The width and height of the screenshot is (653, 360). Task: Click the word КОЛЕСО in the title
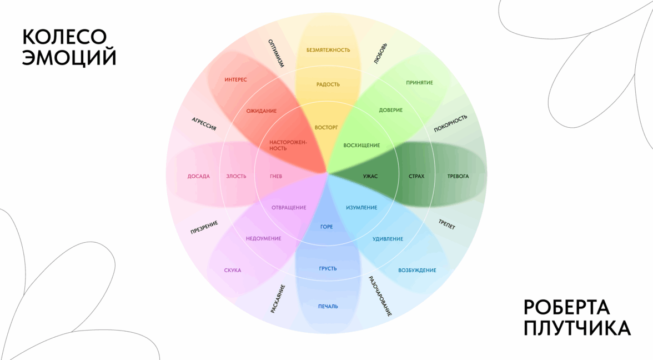pos(64,37)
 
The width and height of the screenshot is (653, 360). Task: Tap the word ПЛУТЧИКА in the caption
pos(577,328)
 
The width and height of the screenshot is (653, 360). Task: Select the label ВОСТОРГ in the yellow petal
pos(326,127)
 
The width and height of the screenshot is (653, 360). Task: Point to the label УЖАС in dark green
pos(370,177)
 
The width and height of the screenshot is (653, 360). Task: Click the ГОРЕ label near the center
pos(326,227)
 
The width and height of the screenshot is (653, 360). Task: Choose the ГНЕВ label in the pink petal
pos(276,177)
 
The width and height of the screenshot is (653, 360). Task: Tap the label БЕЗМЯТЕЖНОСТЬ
pos(328,50)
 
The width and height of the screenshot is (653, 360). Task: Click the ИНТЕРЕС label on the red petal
pos(236,80)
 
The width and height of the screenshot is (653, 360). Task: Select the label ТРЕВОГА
pos(458,177)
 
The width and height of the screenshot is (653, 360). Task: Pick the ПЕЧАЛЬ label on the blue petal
pos(328,306)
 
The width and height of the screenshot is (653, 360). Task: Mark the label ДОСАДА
pos(199,177)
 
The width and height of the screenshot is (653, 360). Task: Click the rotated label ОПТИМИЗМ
pos(276,53)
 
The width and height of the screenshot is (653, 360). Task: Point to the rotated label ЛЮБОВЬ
pos(381,54)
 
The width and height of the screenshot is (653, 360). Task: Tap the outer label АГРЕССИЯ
pos(204,124)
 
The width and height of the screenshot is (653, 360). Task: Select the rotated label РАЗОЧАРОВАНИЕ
pos(380,296)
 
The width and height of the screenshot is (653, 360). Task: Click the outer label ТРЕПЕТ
pos(446,223)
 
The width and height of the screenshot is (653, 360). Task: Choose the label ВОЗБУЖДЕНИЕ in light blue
pos(417,271)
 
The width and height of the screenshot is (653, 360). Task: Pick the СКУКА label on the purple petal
pos(233,271)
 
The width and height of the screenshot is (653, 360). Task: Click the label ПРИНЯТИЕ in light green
pos(419,83)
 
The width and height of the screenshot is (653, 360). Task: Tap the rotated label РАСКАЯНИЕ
pos(278,299)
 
